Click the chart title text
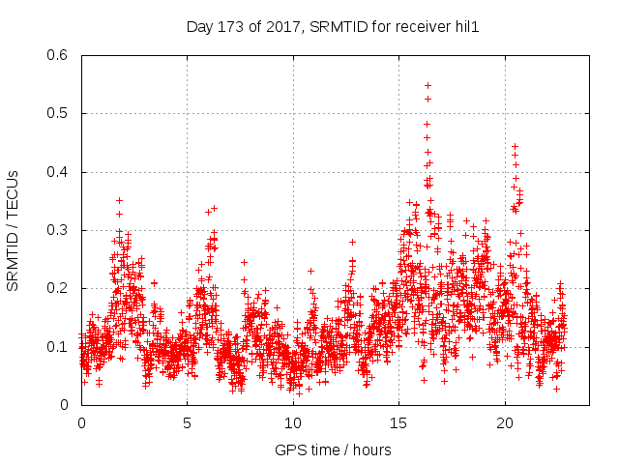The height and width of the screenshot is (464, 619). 333,27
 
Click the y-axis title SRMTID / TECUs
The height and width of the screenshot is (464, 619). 13,230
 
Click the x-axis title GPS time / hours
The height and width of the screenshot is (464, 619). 333,449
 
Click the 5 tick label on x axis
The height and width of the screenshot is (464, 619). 188,422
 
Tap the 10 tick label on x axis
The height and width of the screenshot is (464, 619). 293,422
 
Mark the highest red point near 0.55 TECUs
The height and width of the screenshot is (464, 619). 427,85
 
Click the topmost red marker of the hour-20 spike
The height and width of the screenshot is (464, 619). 515,146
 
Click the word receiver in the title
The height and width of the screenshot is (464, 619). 423,27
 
